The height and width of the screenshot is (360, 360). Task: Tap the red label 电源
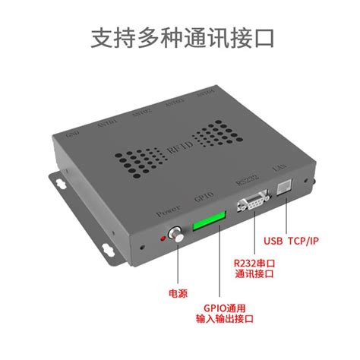[x=178, y=292]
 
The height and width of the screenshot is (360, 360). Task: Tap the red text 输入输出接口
[x=225, y=320]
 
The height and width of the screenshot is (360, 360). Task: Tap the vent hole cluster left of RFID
[x=139, y=158]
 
